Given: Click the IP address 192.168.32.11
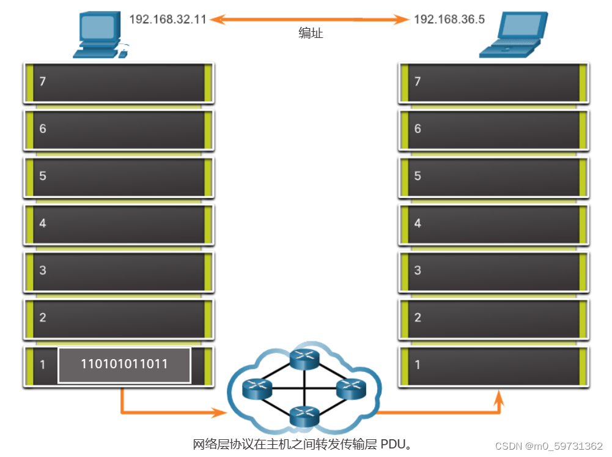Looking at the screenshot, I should [x=168, y=19].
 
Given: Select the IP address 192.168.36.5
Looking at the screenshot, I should [x=449, y=19].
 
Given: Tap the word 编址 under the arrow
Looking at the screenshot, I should [x=311, y=34].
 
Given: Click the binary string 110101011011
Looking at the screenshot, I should [x=124, y=365].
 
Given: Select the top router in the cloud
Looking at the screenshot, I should [x=304, y=359].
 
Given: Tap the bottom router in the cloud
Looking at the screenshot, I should [x=304, y=416].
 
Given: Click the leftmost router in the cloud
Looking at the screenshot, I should [x=257, y=388].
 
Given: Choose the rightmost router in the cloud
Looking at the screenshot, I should [x=351, y=388].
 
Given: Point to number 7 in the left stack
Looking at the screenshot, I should [x=43, y=81].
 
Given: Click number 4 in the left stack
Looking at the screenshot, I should [x=43, y=223].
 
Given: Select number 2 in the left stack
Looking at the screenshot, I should [x=43, y=318].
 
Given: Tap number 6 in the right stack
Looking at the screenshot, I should [x=418, y=128].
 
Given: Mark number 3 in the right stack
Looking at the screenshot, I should [x=418, y=270].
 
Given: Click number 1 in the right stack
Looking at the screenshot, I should [x=418, y=365].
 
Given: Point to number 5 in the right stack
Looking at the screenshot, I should [x=418, y=176].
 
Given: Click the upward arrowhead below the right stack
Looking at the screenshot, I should [x=499, y=398].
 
